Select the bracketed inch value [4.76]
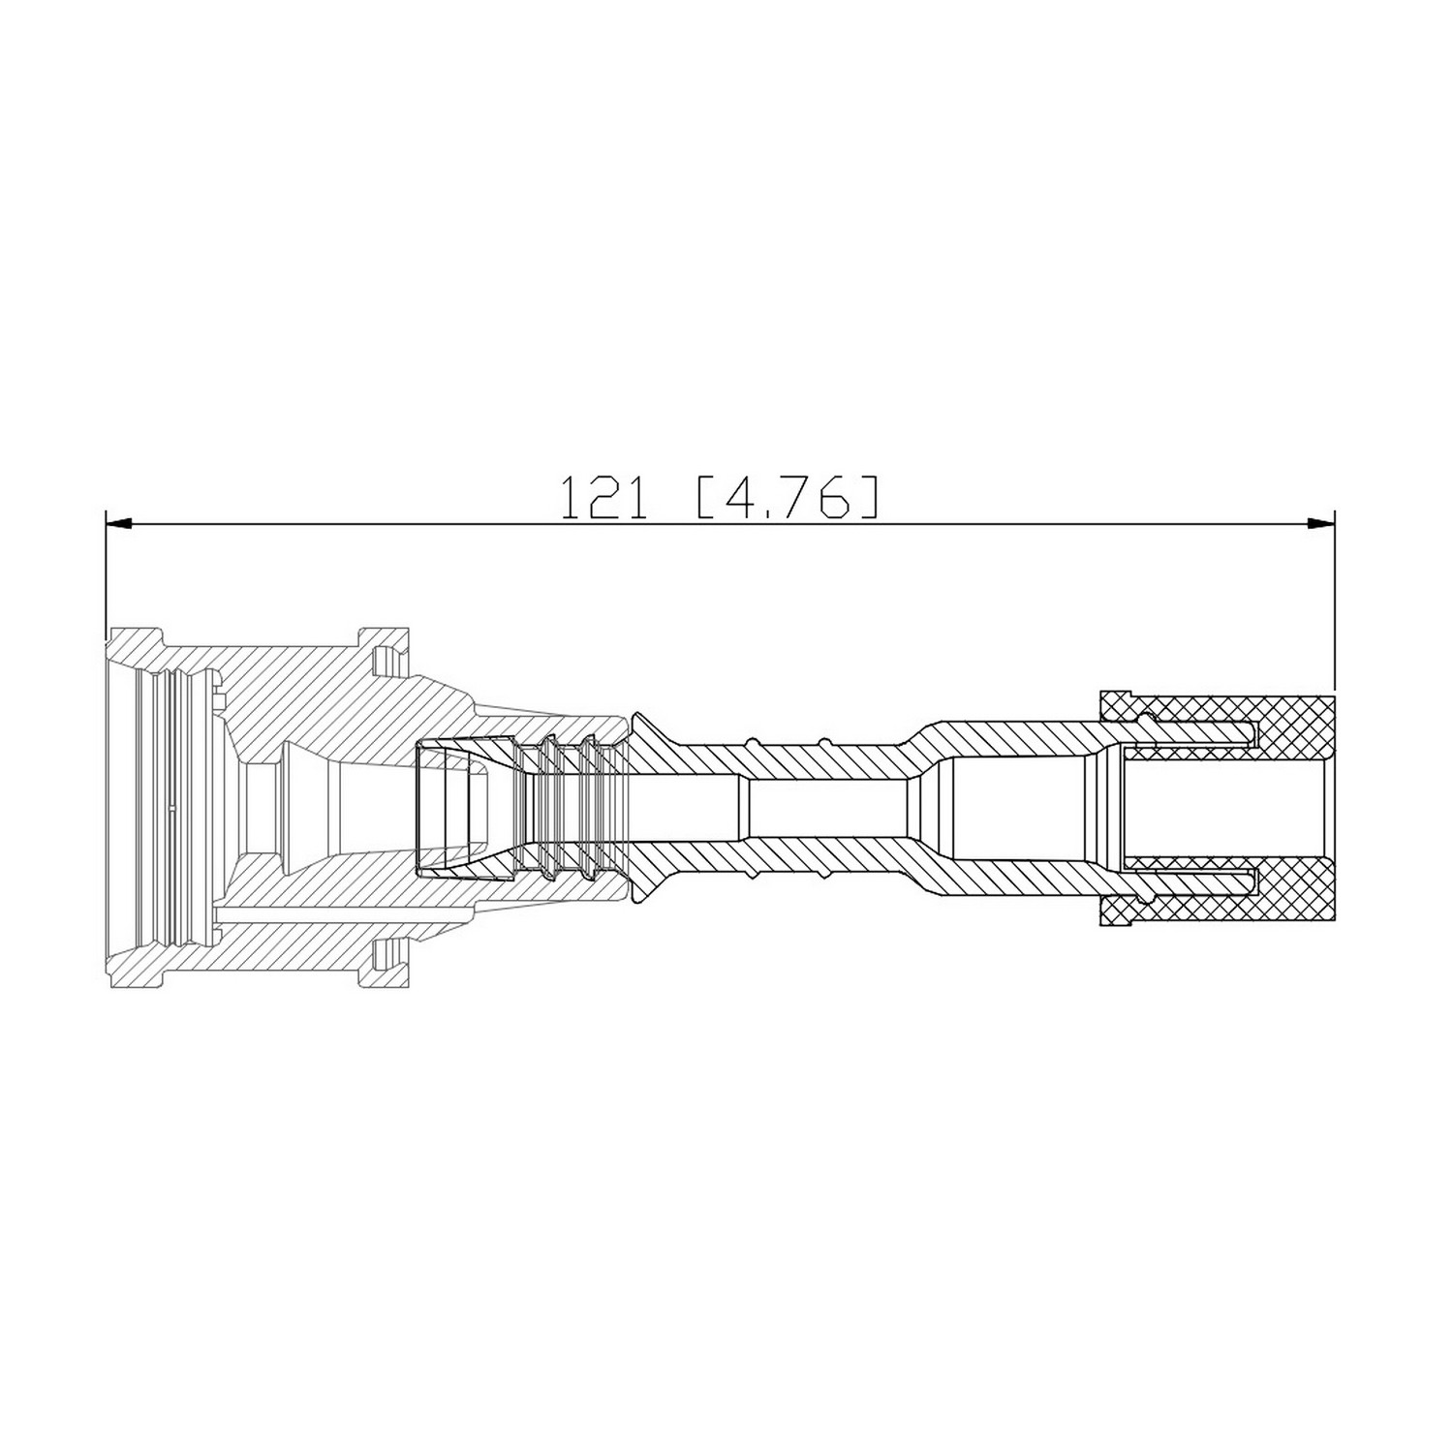point(788,497)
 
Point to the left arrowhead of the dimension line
point(117,524)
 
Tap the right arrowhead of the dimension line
point(1321,524)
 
